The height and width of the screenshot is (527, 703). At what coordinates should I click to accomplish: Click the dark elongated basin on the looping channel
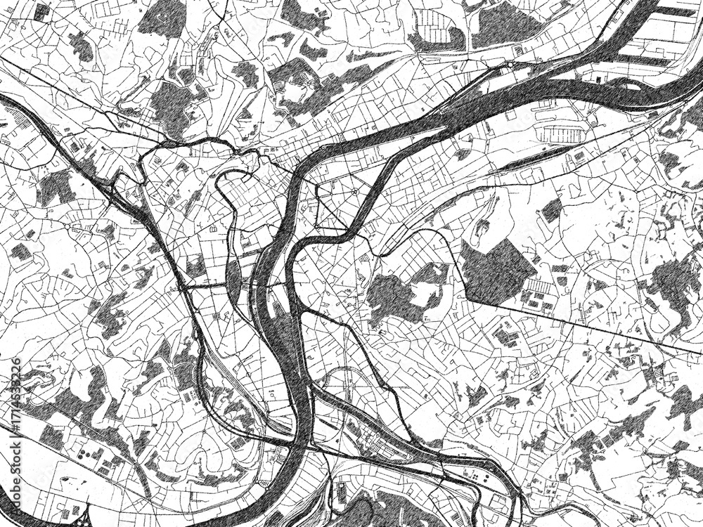pyautogui.click(x=233, y=279)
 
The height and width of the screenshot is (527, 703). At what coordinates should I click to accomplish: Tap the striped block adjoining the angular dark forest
pyautogui.click(x=541, y=287)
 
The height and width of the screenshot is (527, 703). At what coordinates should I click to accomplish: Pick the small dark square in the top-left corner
pyautogui.click(x=42, y=10)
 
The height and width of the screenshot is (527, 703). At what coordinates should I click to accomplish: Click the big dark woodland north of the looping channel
pyautogui.click(x=169, y=105)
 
